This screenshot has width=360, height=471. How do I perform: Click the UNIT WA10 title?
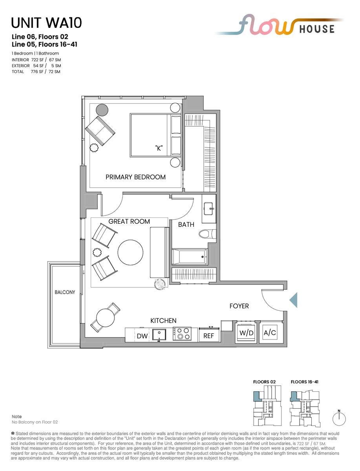tap(46, 23)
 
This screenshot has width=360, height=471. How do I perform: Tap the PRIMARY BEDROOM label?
tap(135, 177)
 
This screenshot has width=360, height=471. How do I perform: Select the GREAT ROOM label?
tap(129, 221)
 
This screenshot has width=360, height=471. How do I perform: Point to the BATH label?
tap(186, 225)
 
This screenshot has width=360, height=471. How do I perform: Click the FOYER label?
tap(239, 306)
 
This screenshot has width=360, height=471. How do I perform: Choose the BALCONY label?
tap(65, 292)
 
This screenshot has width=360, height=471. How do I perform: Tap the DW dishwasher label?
tap(142, 336)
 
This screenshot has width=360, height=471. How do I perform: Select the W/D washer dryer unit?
tap(247, 333)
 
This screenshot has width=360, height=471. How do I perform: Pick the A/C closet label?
tap(270, 332)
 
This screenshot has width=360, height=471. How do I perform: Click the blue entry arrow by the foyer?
tap(294, 300)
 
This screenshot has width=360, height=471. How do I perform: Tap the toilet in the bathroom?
tap(207, 234)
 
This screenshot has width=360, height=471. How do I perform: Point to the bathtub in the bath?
tap(190, 257)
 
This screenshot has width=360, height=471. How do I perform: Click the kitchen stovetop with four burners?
tap(182, 334)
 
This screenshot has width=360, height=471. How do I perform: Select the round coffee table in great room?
tap(130, 252)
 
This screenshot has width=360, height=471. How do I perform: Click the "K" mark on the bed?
tap(159, 148)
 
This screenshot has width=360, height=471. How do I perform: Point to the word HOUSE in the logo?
tap(317, 29)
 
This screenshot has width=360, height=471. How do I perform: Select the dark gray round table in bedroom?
tap(102, 110)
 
